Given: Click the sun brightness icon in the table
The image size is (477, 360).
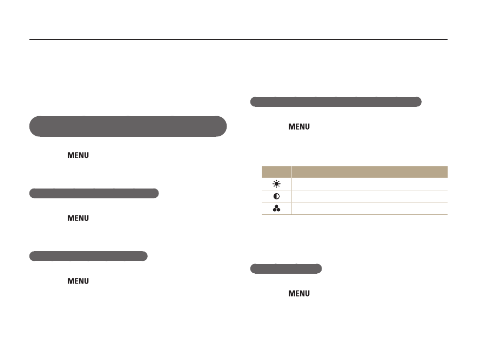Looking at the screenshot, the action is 277,184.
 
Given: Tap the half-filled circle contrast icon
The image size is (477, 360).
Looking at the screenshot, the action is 277,197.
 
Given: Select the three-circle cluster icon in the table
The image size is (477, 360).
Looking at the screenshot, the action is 277,209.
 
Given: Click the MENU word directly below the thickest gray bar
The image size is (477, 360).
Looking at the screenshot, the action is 78,155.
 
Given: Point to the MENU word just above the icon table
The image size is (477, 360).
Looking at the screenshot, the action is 299,127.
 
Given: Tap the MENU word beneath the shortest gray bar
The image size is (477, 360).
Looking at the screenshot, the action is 299,293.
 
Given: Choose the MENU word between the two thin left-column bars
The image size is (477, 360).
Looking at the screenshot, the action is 78,218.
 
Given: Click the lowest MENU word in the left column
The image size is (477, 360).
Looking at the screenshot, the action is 78,281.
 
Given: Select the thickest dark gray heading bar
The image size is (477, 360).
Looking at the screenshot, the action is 128,127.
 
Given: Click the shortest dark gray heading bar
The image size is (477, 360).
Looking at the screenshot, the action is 286,269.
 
